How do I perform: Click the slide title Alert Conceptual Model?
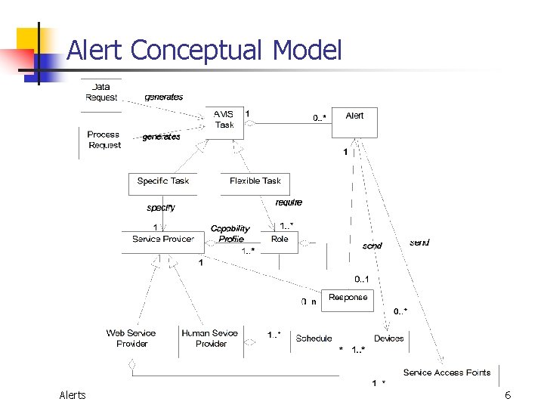pyautogui.click(x=204, y=51)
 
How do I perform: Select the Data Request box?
pyautogui.click(x=101, y=92)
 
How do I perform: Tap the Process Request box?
pyautogui.click(x=104, y=140)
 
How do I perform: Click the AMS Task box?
pyautogui.click(x=224, y=120)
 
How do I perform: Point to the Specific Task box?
pyautogui.click(x=162, y=182)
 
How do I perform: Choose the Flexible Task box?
pyautogui.click(x=255, y=182)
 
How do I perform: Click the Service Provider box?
pyautogui.click(x=163, y=240)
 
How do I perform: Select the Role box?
pyautogui.click(x=280, y=240)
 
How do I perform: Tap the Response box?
pyautogui.click(x=348, y=298)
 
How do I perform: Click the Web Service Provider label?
pyautogui.click(x=131, y=338)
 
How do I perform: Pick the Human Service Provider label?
pyautogui.click(x=210, y=338)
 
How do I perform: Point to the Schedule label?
pyautogui.click(x=314, y=338)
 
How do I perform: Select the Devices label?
pyautogui.click(x=389, y=338)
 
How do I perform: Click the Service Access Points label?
pyautogui.click(x=447, y=372)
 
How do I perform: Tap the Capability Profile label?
pyautogui.click(x=230, y=233)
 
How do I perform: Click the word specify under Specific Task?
pyautogui.click(x=161, y=207)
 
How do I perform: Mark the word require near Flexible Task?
pyautogui.click(x=289, y=202)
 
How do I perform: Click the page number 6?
pyautogui.click(x=508, y=395)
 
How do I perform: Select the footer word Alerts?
pyautogui.click(x=73, y=395)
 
